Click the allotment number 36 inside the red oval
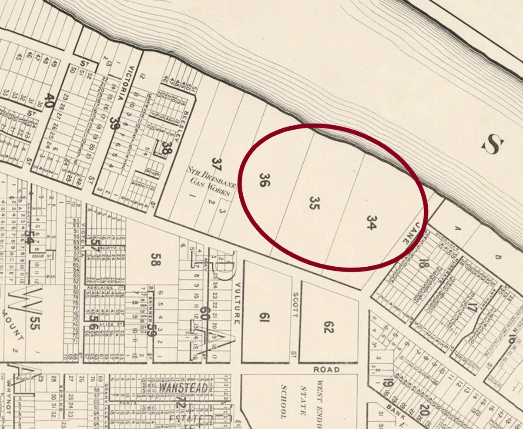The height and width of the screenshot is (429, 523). (263, 180)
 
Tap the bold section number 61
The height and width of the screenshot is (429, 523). (265, 318)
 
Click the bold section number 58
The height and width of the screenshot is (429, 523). (153, 259)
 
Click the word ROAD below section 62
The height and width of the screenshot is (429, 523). (326, 369)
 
